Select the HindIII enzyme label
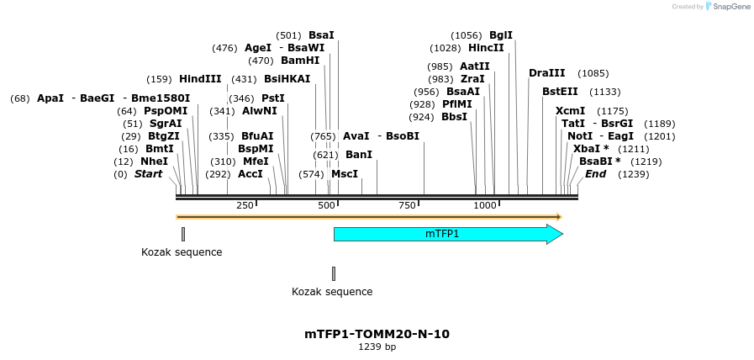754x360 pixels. pyautogui.click(x=200, y=79)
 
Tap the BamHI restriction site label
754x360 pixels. pyautogui.click(x=300, y=61)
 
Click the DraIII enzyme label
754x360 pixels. pyautogui.click(x=547, y=73)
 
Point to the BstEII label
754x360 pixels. pyautogui.click(x=560, y=92)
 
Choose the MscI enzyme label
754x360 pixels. pyautogui.click(x=345, y=174)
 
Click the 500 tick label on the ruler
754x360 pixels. pyautogui.click(x=326, y=205)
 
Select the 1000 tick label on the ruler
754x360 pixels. pyautogui.click(x=485, y=205)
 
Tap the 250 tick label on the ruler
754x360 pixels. pyautogui.click(x=245, y=205)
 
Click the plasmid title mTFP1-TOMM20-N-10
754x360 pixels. pyautogui.click(x=377, y=334)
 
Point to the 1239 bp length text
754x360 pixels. pyautogui.click(x=377, y=347)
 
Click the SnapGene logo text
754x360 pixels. pyautogui.click(x=728, y=7)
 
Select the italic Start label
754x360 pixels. pyautogui.click(x=148, y=174)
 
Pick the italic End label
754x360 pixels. pyautogui.click(x=595, y=174)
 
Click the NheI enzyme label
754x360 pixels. pyautogui.click(x=154, y=161)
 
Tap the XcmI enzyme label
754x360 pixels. pyautogui.click(x=570, y=111)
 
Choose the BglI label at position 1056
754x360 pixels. pyautogui.click(x=501, y=35)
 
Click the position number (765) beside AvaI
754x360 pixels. pyautogui.click(x=323, y=136)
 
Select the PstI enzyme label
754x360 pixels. pyautogui.click(x=273, y=98)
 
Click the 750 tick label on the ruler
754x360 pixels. pyautogui.click(x=408, y=205)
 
